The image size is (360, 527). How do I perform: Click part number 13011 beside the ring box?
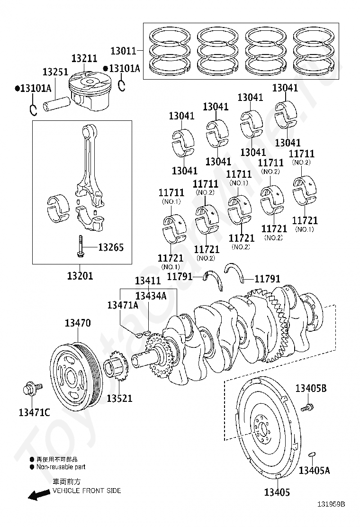pos(123,51)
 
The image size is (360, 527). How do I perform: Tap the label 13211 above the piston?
pos(84,58)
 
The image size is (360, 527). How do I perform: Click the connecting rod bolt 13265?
pos(81,247)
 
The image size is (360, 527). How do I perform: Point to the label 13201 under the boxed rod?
pos(80,276)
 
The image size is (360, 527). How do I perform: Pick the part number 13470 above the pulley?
pos(78,323)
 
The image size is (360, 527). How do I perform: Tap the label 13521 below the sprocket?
pos(119,398)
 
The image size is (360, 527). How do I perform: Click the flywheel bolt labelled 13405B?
pos(307,408)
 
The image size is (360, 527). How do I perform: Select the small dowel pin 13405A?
pos(311,454)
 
